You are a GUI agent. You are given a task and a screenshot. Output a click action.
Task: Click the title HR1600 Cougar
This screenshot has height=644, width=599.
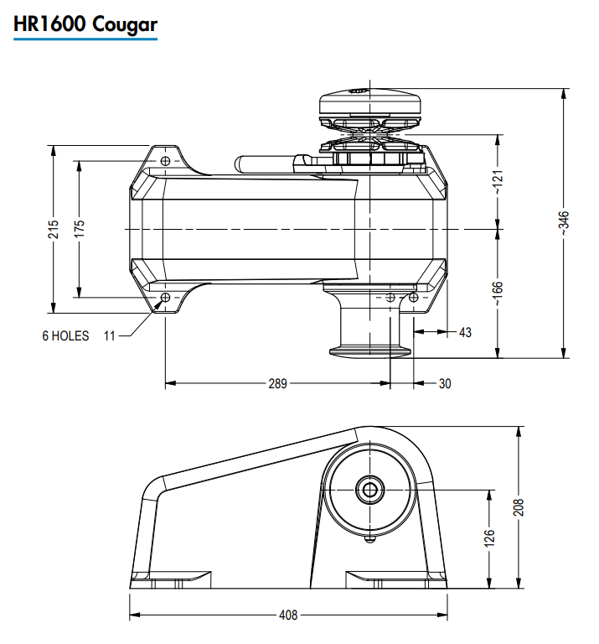coord(85,24)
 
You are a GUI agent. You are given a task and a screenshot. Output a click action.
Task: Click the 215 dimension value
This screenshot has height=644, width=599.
coord(54,229)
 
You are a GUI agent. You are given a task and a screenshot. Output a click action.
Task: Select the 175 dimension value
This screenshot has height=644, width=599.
coord(80,229)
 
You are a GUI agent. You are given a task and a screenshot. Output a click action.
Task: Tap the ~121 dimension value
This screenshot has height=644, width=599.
coord(498,180)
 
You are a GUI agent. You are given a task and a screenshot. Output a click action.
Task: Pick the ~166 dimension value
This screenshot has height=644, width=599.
coord(498,293)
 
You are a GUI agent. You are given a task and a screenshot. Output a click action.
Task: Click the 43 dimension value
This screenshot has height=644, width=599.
coord(465,333)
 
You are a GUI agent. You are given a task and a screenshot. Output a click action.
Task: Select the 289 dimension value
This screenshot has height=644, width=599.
coord(277,384)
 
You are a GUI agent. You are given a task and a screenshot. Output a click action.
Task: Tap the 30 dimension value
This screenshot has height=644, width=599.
coord(445,384)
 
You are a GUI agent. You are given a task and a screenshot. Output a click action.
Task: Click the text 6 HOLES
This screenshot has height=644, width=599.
coord(65,336)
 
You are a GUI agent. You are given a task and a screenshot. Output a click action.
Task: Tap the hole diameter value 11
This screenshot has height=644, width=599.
coord(110,336)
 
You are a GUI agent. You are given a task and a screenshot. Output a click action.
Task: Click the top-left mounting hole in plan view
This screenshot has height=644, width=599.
coord(165,160)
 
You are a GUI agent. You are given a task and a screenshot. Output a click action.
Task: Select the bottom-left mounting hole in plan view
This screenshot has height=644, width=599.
coord(165,298)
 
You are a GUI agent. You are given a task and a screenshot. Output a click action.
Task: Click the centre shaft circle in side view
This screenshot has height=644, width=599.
coord(368,488)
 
